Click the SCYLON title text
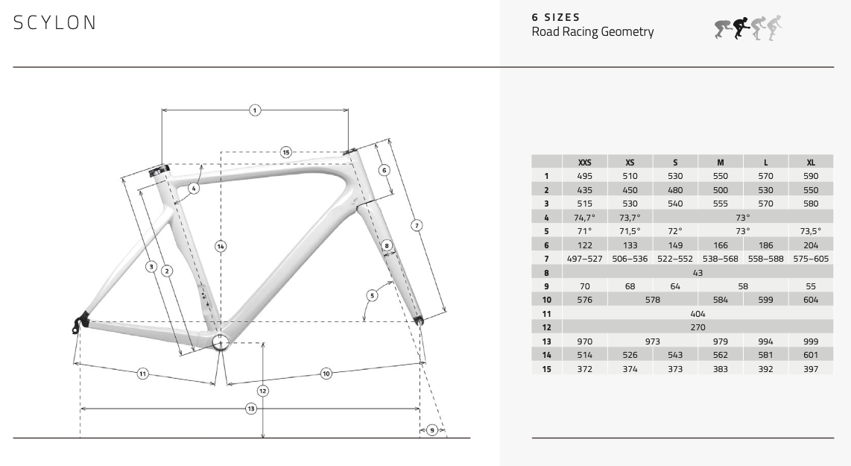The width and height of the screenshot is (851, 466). (55, 23)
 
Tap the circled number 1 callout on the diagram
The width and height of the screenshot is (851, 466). (254, 110)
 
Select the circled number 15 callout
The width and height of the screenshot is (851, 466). (285, 152)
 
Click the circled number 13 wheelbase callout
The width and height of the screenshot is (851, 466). (251, 409)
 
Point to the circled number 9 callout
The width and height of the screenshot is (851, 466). (432, 430)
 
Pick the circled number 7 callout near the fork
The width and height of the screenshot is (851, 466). (417, 224)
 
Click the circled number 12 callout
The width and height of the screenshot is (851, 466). (263, 391)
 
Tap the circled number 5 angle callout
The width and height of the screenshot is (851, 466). (371, 295)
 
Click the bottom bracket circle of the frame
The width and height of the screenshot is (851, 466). (219, 342)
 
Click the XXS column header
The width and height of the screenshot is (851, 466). (584, 162)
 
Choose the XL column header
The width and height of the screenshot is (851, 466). (811, 162)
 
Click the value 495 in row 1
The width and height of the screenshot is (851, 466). (584, 176)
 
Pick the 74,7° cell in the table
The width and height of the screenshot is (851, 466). (584, 217)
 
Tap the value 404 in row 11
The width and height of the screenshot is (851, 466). (697, 314)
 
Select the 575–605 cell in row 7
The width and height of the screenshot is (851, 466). (811, 258)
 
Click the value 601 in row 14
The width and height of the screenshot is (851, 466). (811, 355)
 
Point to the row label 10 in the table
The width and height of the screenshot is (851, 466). (546, 300)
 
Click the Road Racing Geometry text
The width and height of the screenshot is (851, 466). (592, 31)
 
